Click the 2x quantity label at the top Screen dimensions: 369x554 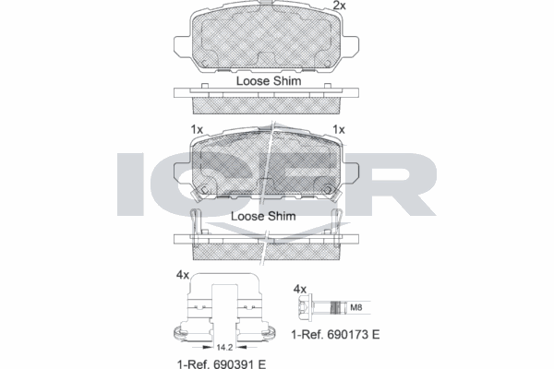[339, 7]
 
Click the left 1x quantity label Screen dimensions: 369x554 [198, 128]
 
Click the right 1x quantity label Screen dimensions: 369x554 [339, 128]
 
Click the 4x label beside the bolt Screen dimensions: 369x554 [299, 289]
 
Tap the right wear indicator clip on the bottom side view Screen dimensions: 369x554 [341, 221]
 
